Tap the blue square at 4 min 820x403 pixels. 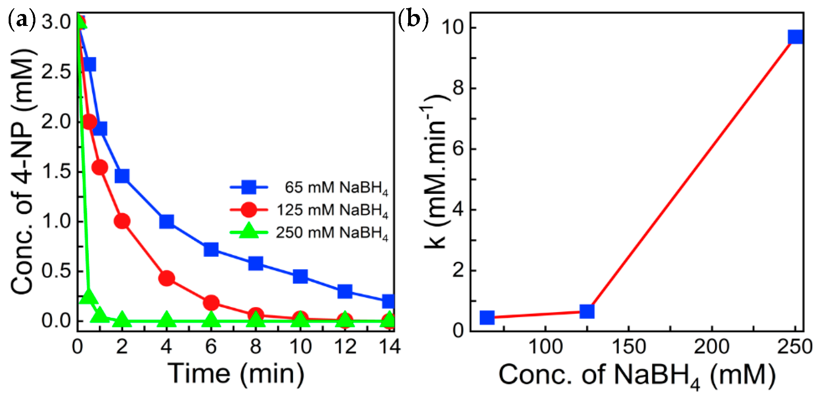pos(166,221)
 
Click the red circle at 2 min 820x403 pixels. pos(122,221)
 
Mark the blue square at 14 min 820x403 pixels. pos(388,301)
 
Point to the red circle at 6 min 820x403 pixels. pos(211,303)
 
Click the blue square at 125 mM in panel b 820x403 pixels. pos(587,311)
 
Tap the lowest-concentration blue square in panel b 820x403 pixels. pos(487,317)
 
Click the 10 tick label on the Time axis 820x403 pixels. pos(300,347)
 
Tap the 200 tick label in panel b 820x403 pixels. pos(711,347)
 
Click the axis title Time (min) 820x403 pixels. pos(236,374)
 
